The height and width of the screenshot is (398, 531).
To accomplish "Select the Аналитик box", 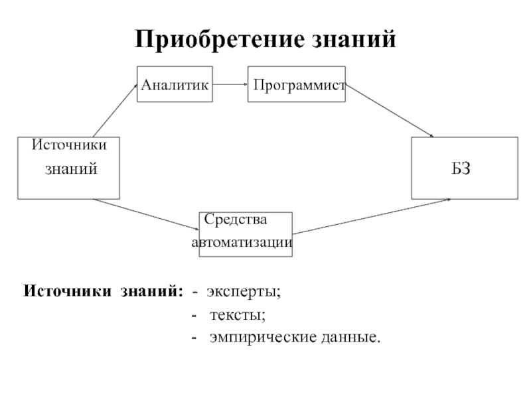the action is point(175,84).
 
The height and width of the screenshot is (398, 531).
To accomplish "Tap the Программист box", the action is point(297,84).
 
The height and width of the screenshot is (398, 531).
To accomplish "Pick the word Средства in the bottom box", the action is point(236,219).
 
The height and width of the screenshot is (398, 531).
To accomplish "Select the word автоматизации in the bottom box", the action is point(242,243).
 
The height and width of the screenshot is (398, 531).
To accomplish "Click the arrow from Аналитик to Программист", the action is point(230,85).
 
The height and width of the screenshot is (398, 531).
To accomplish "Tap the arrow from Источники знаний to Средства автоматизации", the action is point(147,214).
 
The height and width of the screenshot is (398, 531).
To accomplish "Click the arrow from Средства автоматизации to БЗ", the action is point(372,216).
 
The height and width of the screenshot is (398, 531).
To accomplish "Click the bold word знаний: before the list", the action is point(152,291).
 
